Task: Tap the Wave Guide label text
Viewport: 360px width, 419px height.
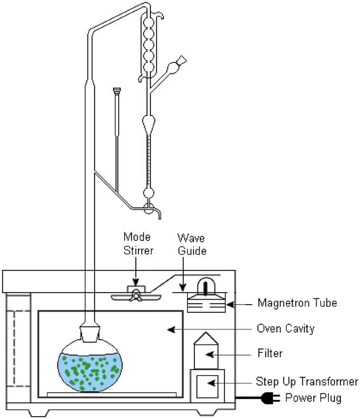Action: click(x=192, y=244)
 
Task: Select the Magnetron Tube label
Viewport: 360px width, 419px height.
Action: click(x=297, y=303)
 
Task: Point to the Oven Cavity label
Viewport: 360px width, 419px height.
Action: click(x=285, y=329)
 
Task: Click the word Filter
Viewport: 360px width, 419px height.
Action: click(x=270, y=353)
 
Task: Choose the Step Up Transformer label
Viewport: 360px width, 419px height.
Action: click(x=307, y=381)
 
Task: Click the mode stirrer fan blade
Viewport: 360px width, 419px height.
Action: click(x=134, y=296)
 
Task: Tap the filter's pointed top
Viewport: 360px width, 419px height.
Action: click(x=205, y=339)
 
